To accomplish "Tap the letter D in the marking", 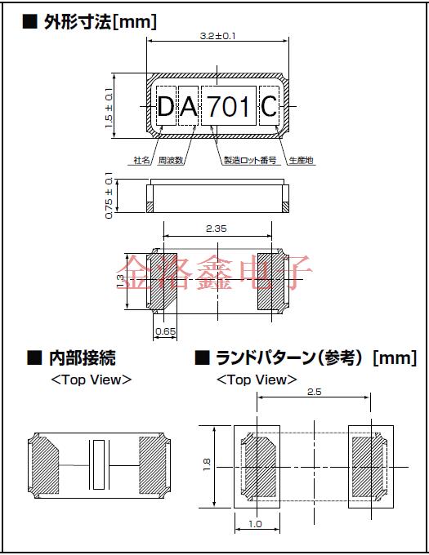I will [x=166, y=106].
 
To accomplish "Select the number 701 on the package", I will [x=229, y=106].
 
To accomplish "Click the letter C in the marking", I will [x=269, y=106].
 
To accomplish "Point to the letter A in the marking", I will [x=188, y=106].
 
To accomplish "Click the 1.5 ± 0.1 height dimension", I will [x=109, y=105].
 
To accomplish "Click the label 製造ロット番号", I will [x=249, y=161].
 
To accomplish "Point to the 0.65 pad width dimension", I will [x=164, y=332].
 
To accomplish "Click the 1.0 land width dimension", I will [x=256, y=524].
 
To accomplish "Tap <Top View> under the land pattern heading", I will [x=257, y=380].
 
